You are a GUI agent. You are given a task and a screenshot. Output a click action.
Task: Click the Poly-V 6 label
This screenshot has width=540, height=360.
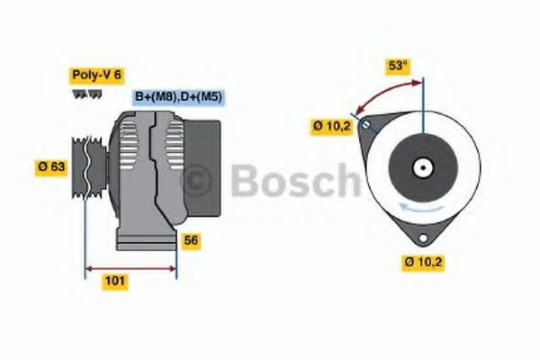[97, 76]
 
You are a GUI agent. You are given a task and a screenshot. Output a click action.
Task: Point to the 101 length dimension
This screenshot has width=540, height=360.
[115, 281]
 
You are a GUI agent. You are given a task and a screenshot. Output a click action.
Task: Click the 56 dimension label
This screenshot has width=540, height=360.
[190, 240]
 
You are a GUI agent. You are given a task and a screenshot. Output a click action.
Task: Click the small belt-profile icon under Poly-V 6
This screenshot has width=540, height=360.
[80, 94]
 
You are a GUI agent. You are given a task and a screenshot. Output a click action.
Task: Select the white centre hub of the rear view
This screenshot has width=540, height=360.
[420, 166]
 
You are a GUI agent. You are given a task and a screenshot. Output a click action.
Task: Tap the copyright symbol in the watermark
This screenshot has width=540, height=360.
[196, 182]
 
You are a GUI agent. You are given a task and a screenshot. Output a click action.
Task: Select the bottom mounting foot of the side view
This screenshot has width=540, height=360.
[145, 242]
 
